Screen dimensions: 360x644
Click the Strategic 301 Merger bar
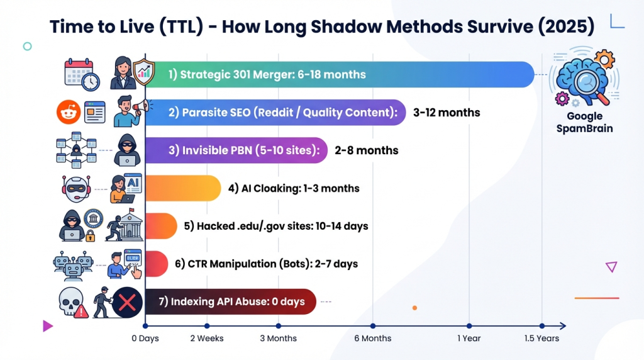point(340,74)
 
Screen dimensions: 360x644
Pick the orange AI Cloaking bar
point(183,188)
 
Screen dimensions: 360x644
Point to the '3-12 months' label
point(447,113)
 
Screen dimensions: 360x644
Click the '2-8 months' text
point(367,150)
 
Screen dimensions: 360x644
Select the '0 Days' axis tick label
point(145,339)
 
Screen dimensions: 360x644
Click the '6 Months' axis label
point(373,339)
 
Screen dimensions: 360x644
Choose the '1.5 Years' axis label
point(541,339)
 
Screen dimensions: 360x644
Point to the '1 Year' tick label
point(469,339)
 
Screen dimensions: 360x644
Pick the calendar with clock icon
point(82,75)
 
